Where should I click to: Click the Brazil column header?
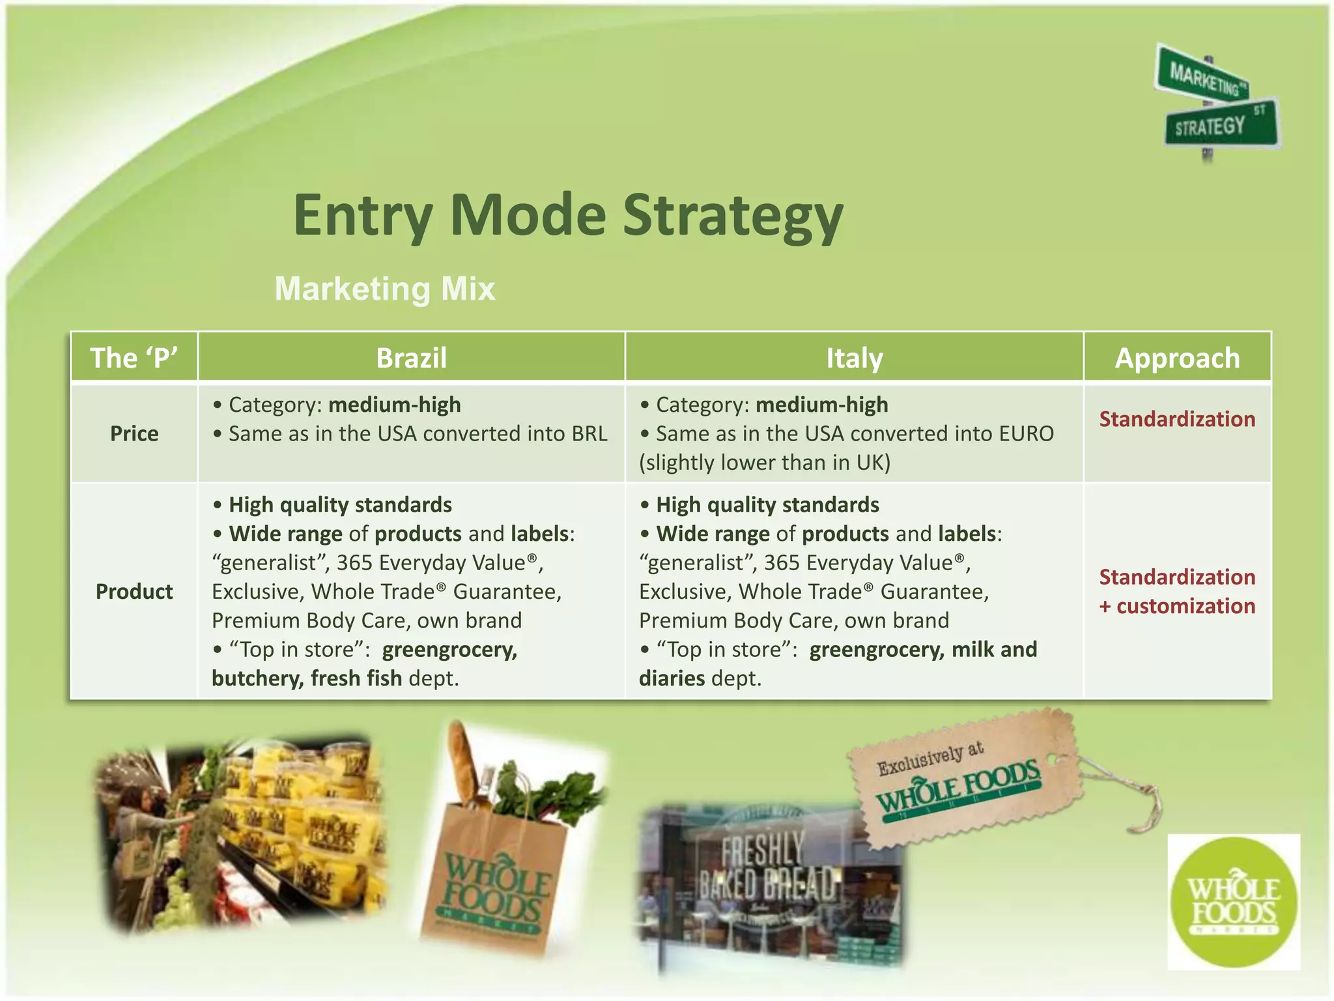(x=411, y=358)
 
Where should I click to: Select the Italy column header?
(x=854, y=358)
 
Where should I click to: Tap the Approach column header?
(x=1177, y=358)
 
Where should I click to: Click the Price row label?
(x=134, y=433)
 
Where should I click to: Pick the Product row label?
(x=134, y=591)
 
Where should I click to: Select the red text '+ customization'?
(x=1177, y=606)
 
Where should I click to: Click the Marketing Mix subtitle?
(x=384, y=289)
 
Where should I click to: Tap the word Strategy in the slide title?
(x=733, y=215)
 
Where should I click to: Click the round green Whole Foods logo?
(x=1233, y=903)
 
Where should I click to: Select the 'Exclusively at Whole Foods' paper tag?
(x=964, y=779)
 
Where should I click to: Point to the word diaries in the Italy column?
(x=672, y=678)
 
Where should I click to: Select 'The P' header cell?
(x=134, y=358)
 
